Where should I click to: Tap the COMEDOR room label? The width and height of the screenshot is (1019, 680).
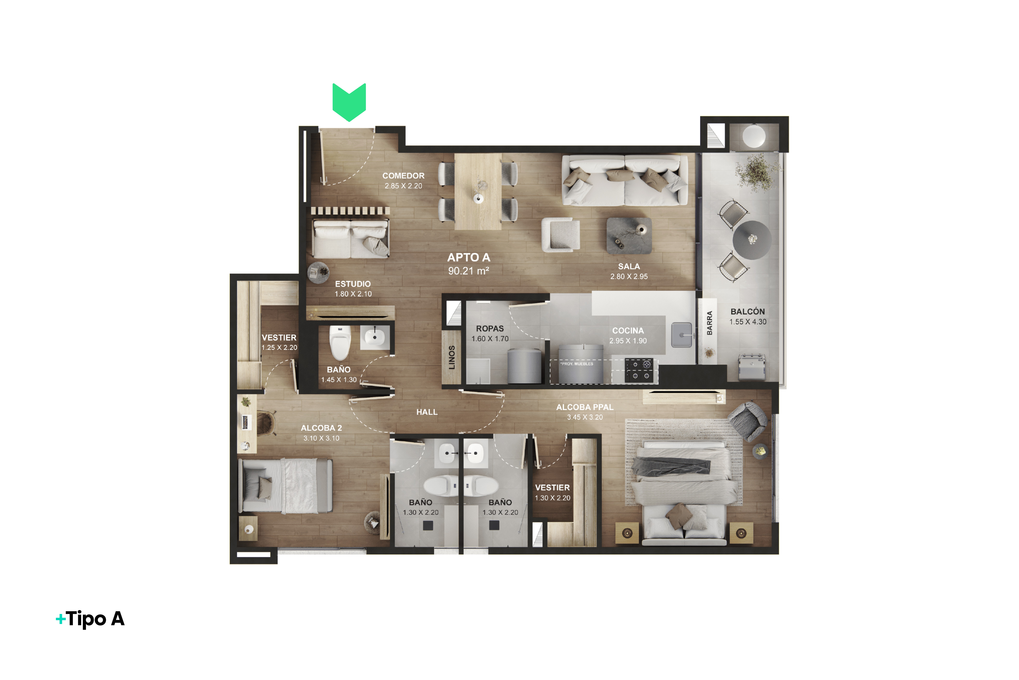(x=403, y=176)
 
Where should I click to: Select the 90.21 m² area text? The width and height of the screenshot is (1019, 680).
(x=469, y=271)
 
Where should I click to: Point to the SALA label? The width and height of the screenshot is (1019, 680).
(x=629, y=266)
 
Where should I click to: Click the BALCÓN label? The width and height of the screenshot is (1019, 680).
(x=748, y=311)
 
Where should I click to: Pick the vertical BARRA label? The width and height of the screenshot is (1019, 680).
(x=709, y=323)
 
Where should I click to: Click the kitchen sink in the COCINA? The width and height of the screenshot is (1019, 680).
(x=682, y=335)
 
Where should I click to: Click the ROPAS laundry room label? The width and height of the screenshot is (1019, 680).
(x=490, y=329)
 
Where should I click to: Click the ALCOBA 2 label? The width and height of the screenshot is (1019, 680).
(x=321, y=428)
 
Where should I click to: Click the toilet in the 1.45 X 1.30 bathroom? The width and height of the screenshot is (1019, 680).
(x=340, y=343)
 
